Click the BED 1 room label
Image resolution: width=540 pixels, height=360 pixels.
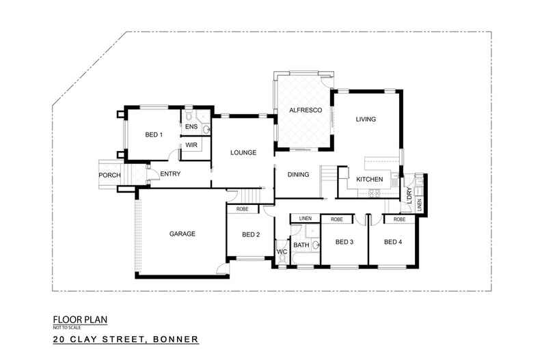154,135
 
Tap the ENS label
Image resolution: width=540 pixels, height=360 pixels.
191,126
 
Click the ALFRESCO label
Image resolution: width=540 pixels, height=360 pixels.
301,109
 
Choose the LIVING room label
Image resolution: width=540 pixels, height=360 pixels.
366,120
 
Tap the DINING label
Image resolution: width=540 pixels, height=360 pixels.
299,175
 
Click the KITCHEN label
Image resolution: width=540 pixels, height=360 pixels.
370,180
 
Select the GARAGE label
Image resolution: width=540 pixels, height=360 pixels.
183,234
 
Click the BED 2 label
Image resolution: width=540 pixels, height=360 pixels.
251,234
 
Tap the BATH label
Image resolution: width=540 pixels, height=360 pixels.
301,245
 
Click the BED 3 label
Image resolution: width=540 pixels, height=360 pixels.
344,242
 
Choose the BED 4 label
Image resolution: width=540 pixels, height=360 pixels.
392,242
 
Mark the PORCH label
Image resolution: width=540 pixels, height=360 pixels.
109,176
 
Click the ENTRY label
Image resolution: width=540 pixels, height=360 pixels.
170,174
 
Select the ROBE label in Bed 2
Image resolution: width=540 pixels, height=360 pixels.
242,209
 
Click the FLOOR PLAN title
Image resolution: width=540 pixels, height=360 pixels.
81,319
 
